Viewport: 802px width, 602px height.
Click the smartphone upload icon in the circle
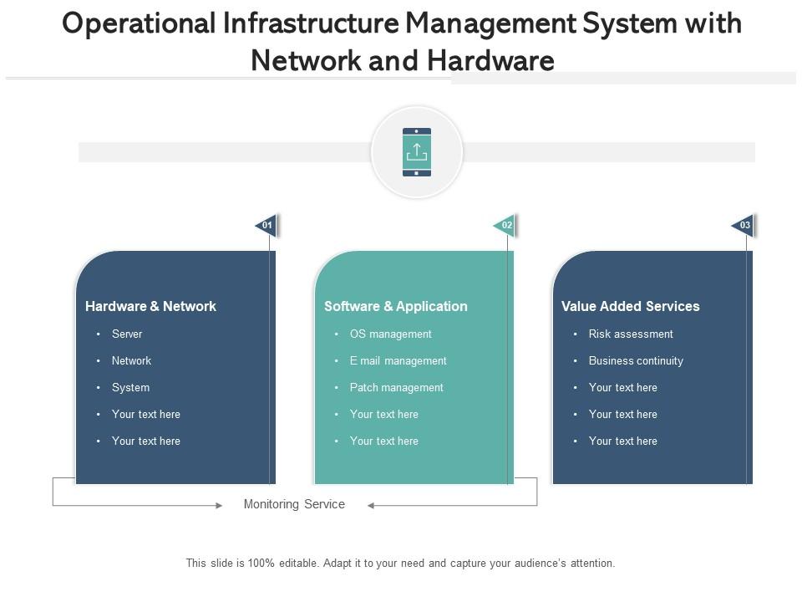[x=417, y=152]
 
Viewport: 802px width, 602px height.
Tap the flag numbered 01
[x=266, y=225]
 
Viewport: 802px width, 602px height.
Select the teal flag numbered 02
[x=505, y=225]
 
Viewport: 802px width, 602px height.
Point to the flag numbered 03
[x=743, y=225]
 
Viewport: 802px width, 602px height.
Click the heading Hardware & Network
[x=150, y=306]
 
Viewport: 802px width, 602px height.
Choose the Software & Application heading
[x=395, y=306]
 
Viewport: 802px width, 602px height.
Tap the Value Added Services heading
[x=630, y=306]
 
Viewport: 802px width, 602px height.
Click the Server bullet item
[x=127, y=334]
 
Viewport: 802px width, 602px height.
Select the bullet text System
[x=130, y=387]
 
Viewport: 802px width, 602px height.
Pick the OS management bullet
[x=390, y=334]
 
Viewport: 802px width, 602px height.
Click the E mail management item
[x=398, y=361]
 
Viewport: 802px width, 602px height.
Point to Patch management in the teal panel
[x=396, y=387]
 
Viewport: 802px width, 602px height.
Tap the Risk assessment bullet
[x=631, y=334]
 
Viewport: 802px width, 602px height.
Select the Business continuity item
[x=636, y=361]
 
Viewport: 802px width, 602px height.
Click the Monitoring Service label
[x=294, y=504]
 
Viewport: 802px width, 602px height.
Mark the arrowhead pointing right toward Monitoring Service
[x=219, y=506]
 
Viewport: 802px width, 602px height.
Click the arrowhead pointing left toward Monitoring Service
[x=371, y=506]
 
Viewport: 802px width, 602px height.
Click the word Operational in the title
[x=140, y=24]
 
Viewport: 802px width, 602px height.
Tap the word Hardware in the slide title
[x=490, y=60]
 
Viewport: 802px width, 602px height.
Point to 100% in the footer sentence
[x=261, y=563]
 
